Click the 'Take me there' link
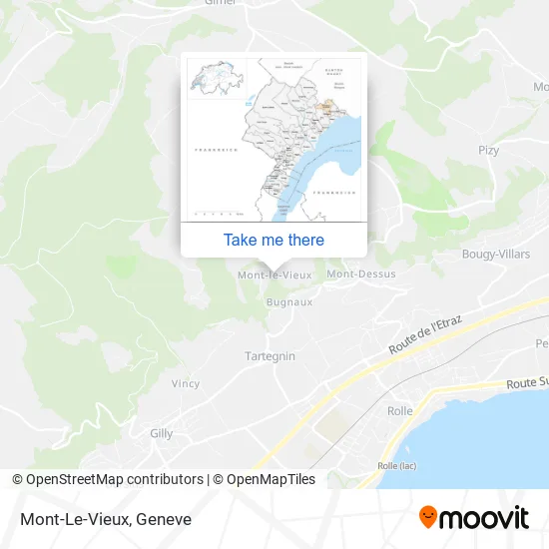click(x=274, y=240)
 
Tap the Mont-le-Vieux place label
click(x=274, y=274)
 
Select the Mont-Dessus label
click(x=361, y=274)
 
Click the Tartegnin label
click(x=270, y=355)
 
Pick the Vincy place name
click(x=185, y=383)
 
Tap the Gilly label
click(x=161, y=433)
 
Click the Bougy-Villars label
click(x=496, y=255)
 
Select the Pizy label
click(x=488, y=151)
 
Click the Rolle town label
click(x=399, y=411)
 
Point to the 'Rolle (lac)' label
click(x=398, y=465)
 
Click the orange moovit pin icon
click(x=427, y=517)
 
